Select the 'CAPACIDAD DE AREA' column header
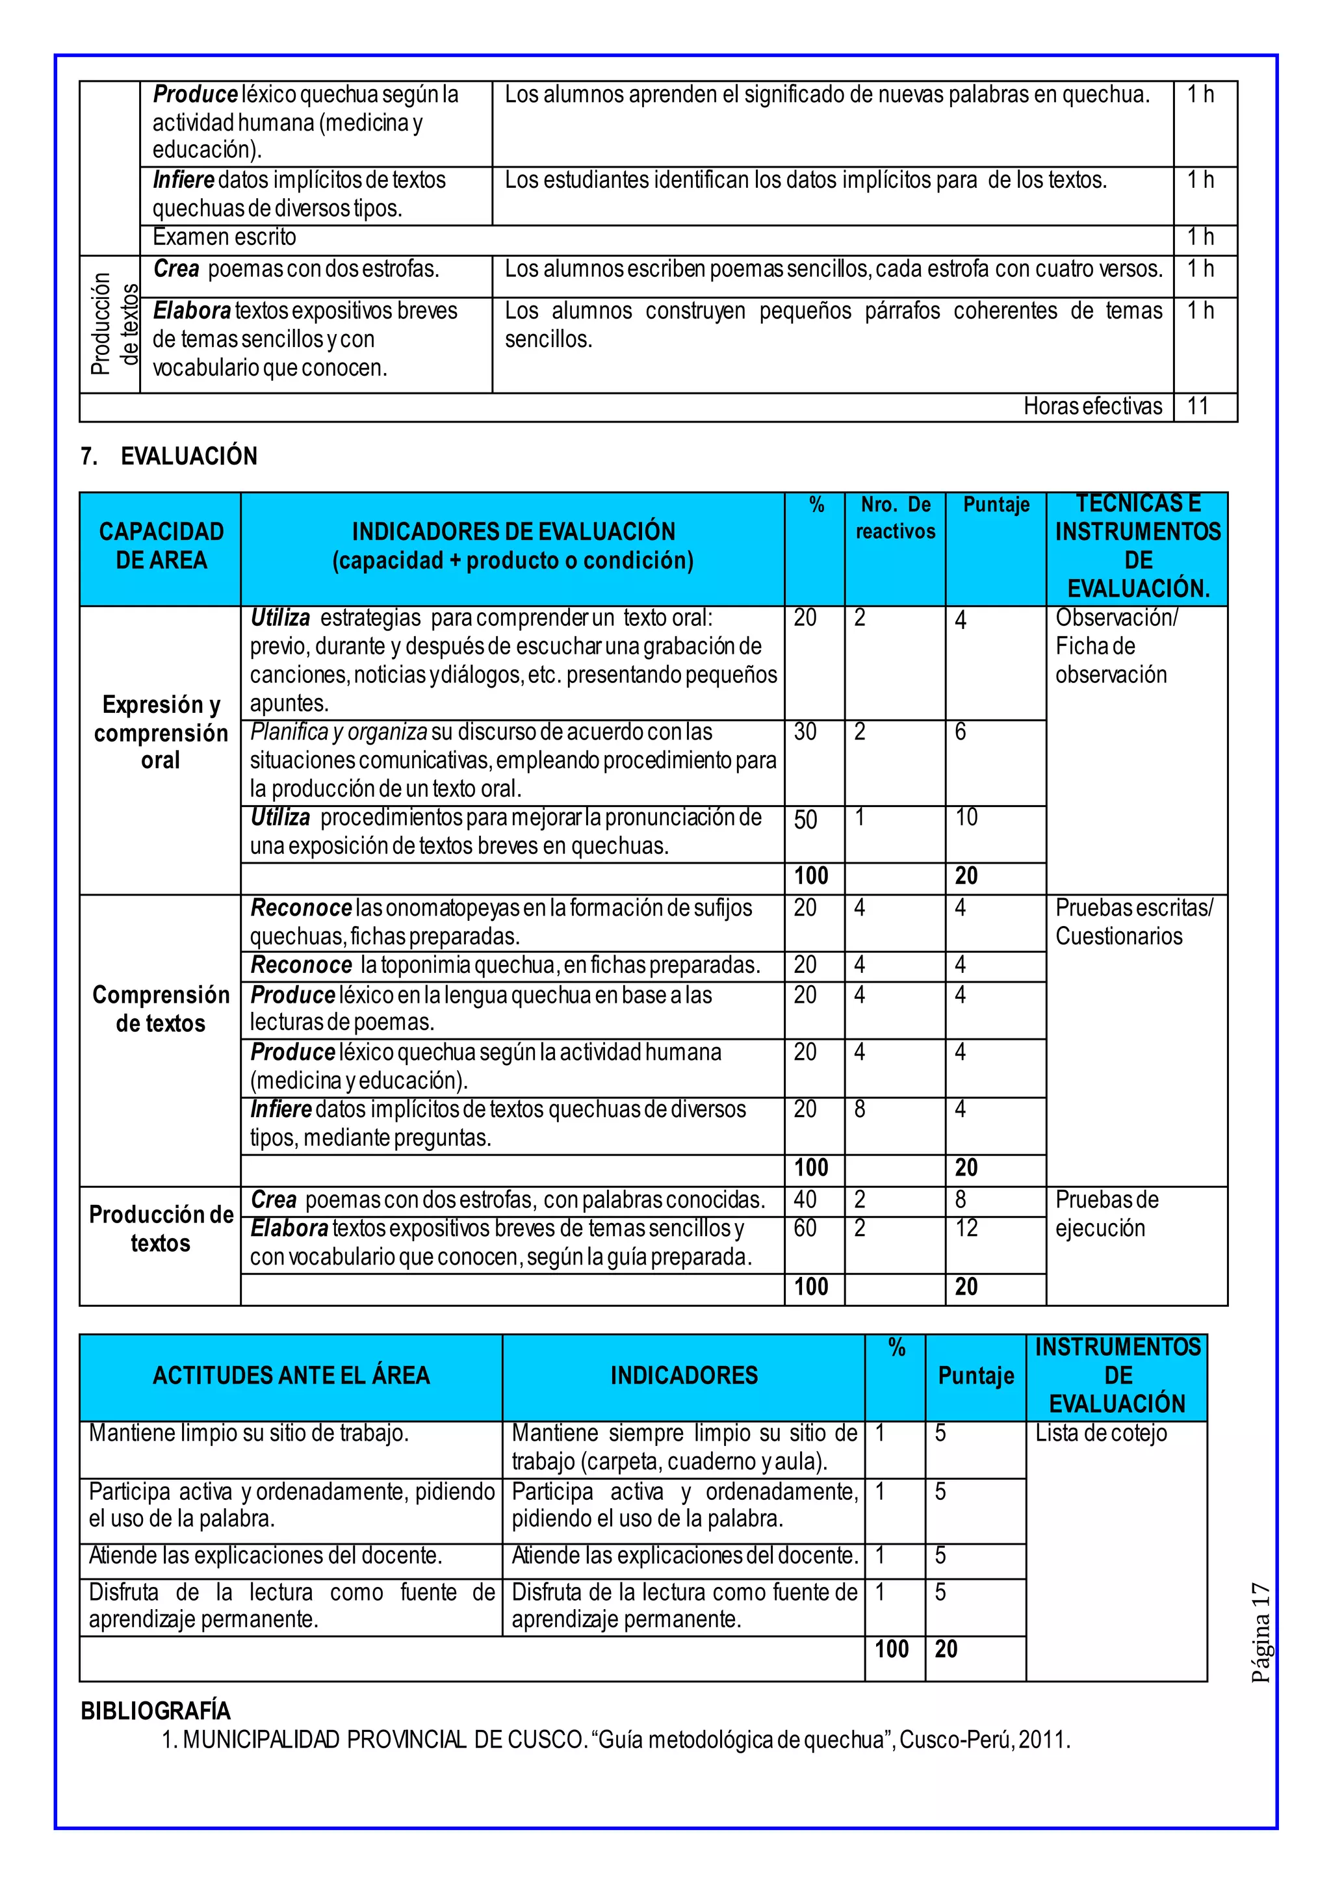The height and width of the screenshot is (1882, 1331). (x=161, y=546)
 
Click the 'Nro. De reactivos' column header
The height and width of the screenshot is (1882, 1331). (x=895, y=518)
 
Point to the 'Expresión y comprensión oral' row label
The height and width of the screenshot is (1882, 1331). (x=161, y=732)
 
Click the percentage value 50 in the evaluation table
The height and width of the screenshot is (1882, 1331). (x=806, y=819)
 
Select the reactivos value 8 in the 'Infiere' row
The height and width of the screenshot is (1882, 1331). (x=859, y=1109)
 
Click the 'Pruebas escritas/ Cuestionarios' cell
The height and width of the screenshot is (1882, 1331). (x=1133, y=922)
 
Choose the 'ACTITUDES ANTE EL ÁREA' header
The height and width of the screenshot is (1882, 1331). (x=291, y=1376)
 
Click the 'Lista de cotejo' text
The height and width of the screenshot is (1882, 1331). (x=1101, y=1433)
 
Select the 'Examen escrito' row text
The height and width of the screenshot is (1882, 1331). (x=225, y=238)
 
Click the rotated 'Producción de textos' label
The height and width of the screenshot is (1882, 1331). (x=114, y=324)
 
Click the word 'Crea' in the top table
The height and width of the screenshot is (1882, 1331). (x=176, y=269)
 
